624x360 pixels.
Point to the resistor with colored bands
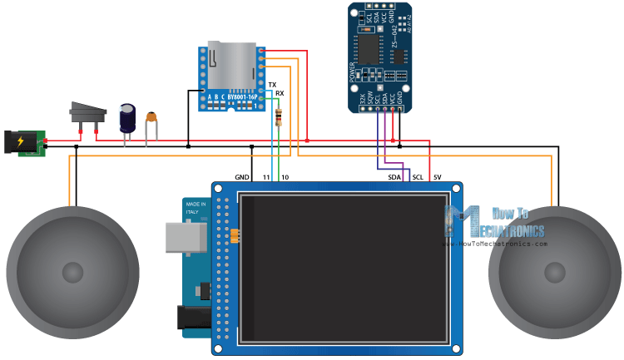coord(277,116)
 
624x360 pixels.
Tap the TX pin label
coord(272,86)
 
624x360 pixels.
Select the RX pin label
coord(280,94)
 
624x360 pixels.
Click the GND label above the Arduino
coord(242,177)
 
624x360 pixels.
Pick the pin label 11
coord(266,177)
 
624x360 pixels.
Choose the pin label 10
coord(284,177)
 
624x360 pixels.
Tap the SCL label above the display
coord(418,177)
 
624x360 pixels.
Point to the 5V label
coord(438,177)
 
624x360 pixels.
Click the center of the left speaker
coord(73,271)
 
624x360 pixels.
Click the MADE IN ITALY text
coord(196,209)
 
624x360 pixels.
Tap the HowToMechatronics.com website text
coord(503,244)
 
